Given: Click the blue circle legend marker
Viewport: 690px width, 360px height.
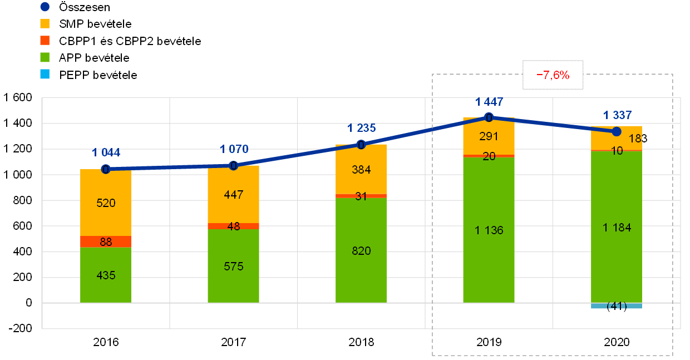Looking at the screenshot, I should click(45, 7).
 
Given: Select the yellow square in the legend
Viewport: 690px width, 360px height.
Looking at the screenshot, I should click(45, 24).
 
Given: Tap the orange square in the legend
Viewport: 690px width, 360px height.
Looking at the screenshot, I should click(45, 41).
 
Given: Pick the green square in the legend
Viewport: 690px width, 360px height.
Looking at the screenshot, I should click(45, 57).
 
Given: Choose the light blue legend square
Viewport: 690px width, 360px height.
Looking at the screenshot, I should click(45, 74).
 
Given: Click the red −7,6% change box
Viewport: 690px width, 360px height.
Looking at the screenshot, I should click(553, 75).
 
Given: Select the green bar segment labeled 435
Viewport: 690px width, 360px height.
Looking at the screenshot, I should click(106, 275).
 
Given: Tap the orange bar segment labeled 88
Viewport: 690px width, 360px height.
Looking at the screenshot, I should click(106, 242).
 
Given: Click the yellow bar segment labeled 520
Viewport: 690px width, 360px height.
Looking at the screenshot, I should click(106, 203).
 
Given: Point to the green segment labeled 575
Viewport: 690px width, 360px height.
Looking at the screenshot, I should click(233, 266).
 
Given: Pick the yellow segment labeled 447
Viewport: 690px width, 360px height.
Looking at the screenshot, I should click(233, 195).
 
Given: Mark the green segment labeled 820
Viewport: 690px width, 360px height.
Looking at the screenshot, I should click(361, 250).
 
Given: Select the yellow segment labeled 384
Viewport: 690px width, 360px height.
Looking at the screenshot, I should click(361, 170).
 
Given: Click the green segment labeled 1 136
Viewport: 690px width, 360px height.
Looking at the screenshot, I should click(489, 230).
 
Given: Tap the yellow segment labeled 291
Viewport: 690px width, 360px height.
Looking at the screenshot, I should click(489, 137).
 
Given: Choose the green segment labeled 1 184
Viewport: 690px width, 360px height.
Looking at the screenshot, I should click(617, 227).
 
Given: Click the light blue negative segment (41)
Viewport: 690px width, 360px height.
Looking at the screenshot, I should click(617, 306).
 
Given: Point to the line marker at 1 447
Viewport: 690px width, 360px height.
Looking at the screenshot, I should click(489, 117).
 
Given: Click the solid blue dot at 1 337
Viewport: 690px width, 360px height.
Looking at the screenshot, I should click(617, 131).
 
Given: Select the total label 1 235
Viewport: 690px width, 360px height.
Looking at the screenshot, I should click(361, 128).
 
